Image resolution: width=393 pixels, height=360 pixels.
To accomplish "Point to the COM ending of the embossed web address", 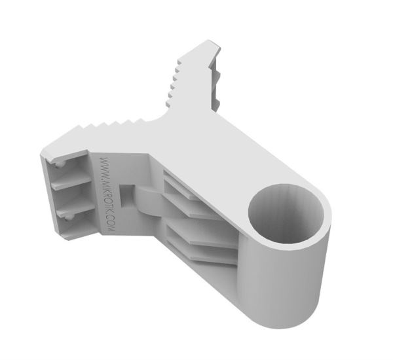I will click(x=113, y=225).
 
